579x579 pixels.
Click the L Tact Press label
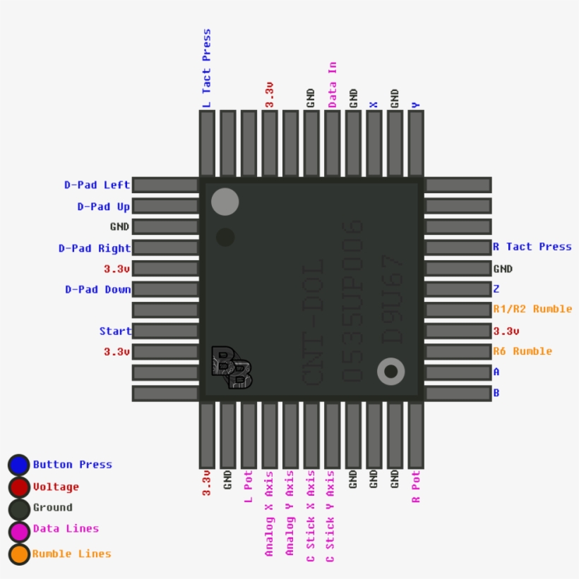(x=207, y=68)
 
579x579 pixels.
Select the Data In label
(x=332, y=85)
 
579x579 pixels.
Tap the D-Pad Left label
(x=97, y=185)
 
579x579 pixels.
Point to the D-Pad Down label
(x=98, y=289)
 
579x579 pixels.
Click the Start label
(x=115, y=331)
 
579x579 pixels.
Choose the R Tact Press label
(x=532, y=247)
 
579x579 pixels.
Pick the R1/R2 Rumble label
(x=532, y=309)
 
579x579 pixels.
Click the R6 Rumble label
(x=523, y=351)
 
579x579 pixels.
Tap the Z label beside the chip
(x=496, y=289)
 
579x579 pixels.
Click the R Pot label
(x=415, y=487)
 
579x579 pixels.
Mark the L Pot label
(x=248, y=487)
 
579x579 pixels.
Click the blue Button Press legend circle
(x=19, y=465)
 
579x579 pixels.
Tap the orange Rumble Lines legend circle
(x=19, y=554)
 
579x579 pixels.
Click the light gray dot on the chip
(x=225, y=202)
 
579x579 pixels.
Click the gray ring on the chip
(x=390, y=371)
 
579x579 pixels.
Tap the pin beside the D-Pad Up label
(x=165, y=206)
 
